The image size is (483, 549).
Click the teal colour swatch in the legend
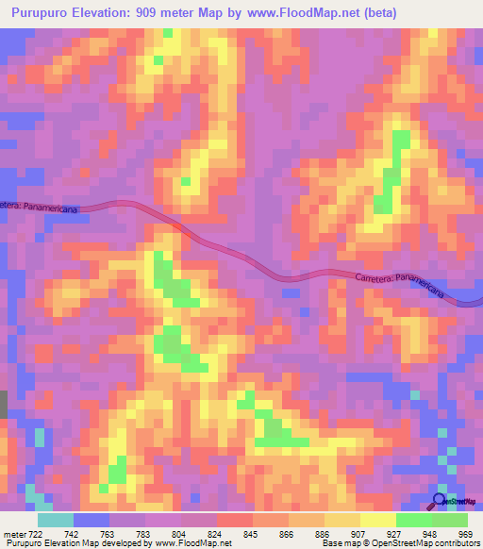tap(55, 520)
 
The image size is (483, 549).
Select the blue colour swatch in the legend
tap(92, 520)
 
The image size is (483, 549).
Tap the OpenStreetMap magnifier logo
tap(440, 500)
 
